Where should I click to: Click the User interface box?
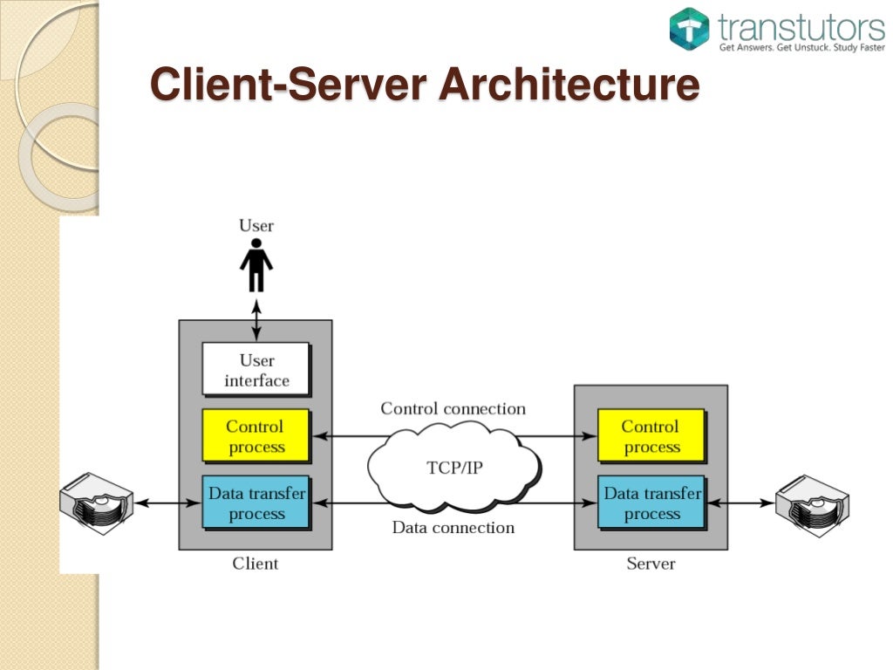point(256,370)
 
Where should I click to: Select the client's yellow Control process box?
point(256,436)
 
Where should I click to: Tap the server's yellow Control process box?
point(651,436)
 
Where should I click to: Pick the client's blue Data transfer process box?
point(256,503)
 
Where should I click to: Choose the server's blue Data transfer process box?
point(651,503)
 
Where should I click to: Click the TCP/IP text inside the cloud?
point(454,468)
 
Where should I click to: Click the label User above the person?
point(256,226)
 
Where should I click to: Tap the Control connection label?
point(453,408)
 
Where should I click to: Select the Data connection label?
point(453,527)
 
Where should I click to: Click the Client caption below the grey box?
point(256,564)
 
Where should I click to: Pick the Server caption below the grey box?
point(651,564)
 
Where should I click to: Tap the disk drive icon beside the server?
point(812,503)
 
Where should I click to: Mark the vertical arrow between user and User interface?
point(256,319)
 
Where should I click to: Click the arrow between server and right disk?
point(740,503)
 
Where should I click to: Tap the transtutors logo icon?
point(690,29)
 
